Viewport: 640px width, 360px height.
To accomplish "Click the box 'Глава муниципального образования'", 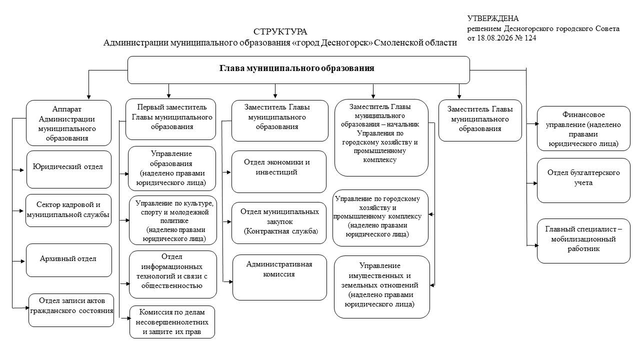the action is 298,70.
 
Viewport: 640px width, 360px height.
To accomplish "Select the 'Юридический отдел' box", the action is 69,169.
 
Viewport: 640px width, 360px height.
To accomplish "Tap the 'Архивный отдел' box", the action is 69,260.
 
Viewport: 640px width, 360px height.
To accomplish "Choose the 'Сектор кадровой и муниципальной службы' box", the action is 68,210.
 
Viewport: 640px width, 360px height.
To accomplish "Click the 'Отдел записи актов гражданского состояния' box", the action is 71,310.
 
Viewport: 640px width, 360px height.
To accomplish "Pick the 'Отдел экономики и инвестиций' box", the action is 279,171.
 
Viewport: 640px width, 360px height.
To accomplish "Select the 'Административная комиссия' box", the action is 279,277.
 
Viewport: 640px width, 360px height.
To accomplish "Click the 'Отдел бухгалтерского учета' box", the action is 583,180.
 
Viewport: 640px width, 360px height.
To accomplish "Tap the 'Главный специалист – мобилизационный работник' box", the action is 583,241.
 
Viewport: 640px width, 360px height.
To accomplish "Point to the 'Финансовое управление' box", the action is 583,128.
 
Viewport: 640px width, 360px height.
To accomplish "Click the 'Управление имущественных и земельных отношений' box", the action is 382,287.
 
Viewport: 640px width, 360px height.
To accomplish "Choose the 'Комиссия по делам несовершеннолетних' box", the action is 172,322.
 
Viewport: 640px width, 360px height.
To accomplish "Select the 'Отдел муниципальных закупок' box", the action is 279,223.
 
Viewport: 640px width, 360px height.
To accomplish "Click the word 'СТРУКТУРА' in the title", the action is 280,31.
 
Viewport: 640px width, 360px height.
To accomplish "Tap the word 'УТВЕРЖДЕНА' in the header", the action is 493,18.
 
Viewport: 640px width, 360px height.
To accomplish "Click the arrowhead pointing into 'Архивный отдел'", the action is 23,261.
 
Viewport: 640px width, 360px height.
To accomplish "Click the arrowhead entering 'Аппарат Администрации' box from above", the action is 89,97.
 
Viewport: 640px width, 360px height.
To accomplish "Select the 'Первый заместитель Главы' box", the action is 171,119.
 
